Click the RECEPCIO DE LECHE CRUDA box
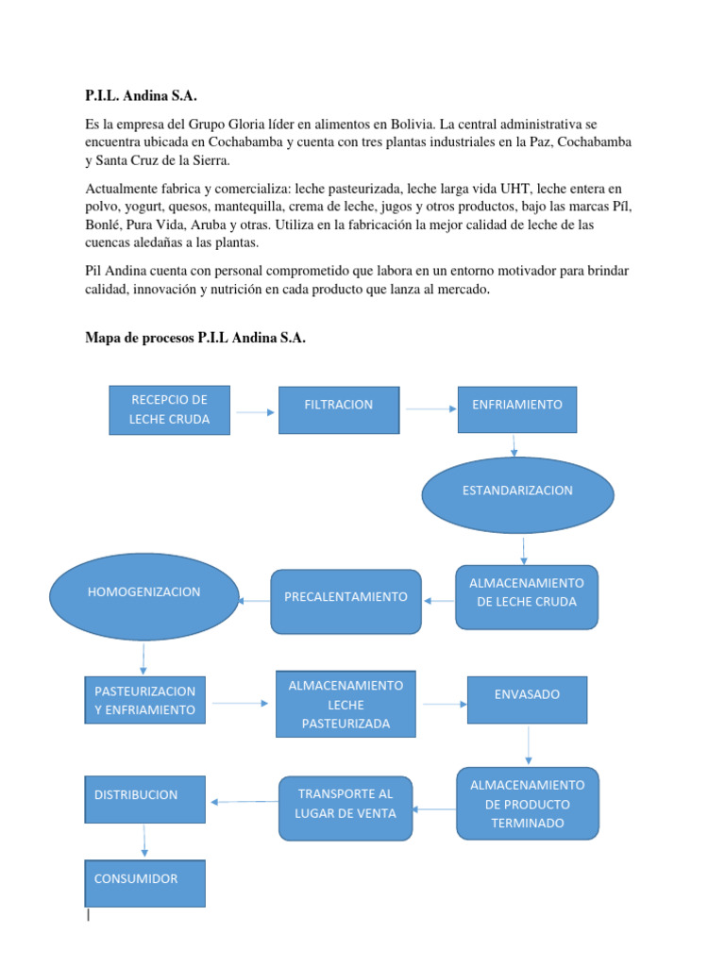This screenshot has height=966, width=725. [x=169, y=409]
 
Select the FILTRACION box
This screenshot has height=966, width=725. [x=338, y=409]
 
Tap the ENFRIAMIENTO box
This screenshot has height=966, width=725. [x=516, y=409]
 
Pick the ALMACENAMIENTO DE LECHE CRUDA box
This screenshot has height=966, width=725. [x=527, y=597]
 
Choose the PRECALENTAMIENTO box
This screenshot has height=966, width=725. [x=346, y=601]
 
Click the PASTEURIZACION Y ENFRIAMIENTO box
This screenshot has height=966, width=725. [x=144, y=702]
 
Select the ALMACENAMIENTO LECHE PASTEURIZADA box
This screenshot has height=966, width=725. [x=346, y=704]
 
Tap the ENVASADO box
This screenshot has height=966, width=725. [x=527, y=699]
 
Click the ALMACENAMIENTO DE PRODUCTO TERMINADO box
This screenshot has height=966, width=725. [x=527, y=804]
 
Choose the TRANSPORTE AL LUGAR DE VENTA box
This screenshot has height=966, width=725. [x=346, y=808]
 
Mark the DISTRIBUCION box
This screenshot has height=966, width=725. [x=144, y=800]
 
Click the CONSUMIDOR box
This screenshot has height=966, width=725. [x=144, y=883]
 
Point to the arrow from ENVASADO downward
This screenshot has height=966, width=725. [x=528, y=745]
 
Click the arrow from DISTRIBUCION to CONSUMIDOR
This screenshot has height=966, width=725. [x=144, y=841]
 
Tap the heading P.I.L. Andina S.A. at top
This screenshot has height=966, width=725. [x=142, y=96]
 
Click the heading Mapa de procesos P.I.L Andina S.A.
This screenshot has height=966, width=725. [x=195, y=339]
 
